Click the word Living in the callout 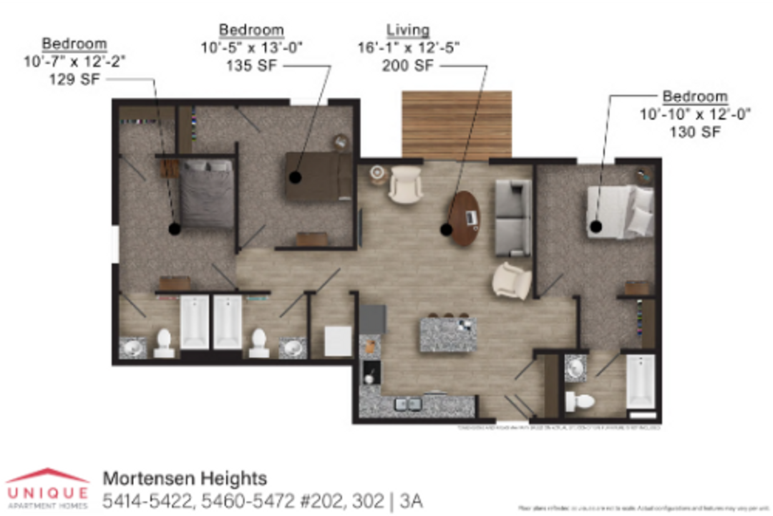(x=408, y=31)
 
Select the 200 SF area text (x=407, y=65)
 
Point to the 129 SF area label (x=74, y=79)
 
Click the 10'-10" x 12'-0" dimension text (x=695, y=114)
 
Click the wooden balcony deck (x=457, y=125)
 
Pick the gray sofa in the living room (x=513, y=218)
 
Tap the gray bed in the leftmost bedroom (x=206, y=193)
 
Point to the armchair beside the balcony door (x=405, y=184)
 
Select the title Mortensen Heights (x=185, y=477)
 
